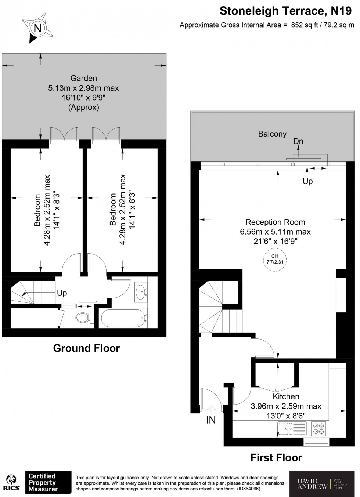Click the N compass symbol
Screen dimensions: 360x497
[37, 28]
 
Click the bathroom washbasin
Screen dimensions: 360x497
[141, 292]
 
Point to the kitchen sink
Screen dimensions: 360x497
[292, 428]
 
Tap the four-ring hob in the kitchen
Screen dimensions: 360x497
[319, 428]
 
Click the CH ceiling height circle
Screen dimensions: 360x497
[275, 259]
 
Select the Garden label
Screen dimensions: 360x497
[83, 78]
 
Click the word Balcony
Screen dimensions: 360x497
[272, 134]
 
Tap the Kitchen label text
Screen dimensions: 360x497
[286, 396]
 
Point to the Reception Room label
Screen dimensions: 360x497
[275, 222]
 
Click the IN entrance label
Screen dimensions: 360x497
[211, 420]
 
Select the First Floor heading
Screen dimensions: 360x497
[276, 457]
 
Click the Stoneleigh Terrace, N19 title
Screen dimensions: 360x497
[285, 11]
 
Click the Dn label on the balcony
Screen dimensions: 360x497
[298, 141]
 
